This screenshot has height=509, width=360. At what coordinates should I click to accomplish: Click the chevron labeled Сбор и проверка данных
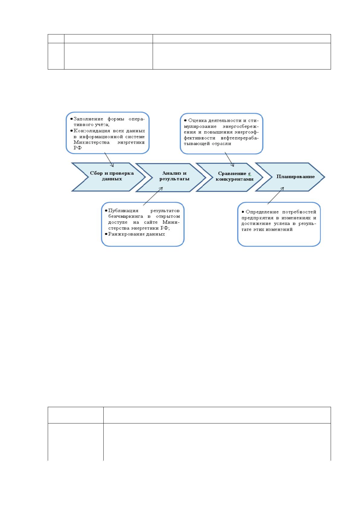coord(109,177)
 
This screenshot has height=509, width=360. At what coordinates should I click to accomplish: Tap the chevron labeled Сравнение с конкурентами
coord(229,177)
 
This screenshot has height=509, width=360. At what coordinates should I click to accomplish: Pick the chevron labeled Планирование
coord(290,177)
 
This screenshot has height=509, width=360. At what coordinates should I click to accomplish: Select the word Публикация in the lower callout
coord(123,211)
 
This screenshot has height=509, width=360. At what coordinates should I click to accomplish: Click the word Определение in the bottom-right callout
coord(262,212)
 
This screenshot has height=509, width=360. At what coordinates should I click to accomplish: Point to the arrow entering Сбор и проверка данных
coord(109,160)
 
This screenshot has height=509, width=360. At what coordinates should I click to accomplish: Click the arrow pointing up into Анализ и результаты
coord(153,196)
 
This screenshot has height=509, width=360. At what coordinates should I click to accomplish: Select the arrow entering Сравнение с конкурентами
coord(229,160)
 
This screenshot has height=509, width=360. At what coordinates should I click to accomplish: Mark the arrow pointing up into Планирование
coord(276,196)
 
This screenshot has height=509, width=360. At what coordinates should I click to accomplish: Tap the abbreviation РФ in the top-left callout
coord(77,148)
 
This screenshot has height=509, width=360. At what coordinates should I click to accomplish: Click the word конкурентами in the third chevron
coord(235,179)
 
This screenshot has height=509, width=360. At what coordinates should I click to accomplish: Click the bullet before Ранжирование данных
coord(106,234)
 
